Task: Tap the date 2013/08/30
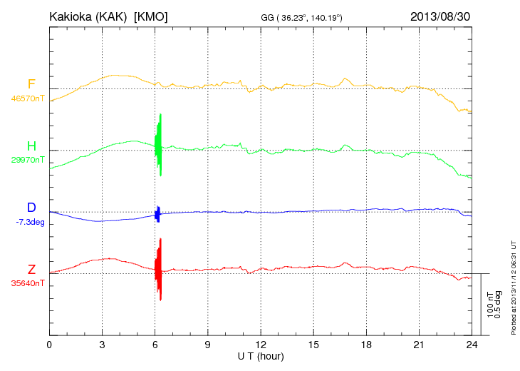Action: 441,16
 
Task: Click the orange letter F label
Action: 31,85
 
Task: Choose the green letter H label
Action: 31,146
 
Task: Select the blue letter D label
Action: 31,208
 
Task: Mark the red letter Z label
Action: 31,269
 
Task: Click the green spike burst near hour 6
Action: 158,145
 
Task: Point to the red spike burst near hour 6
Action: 158,269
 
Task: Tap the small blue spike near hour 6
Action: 157,213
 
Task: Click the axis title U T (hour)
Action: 261,356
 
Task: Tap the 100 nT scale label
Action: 490,303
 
